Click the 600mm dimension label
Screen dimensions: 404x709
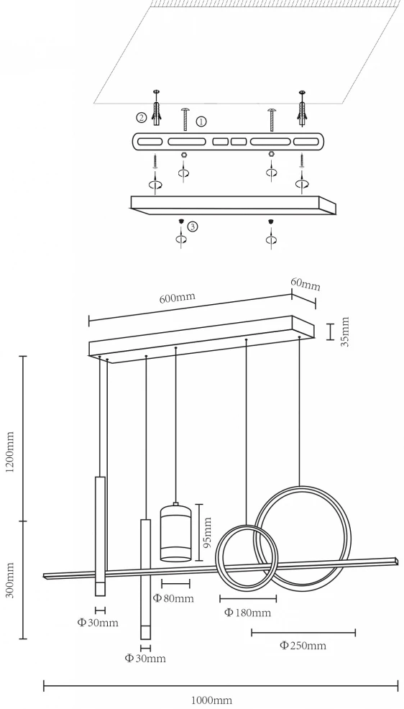pos(177,298)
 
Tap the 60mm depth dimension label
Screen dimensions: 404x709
pos(305,283)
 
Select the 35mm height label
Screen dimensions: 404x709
pos(345,331)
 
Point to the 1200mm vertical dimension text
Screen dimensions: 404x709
pos(10,452)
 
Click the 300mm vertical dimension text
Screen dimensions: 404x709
pos(10,580)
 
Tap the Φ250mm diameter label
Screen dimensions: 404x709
pos(303,645)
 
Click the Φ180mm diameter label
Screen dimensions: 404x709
pos(247,613)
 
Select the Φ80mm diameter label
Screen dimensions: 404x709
pos(173,598)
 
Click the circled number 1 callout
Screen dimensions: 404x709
pos(201,122)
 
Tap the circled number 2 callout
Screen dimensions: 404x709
pos(142,118)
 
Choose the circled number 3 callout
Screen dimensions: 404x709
pos(193,227)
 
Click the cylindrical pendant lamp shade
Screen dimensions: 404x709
pos(176,533)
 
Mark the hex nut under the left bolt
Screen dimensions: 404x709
pos(184,154)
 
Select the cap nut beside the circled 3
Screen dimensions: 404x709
pos(180,221)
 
